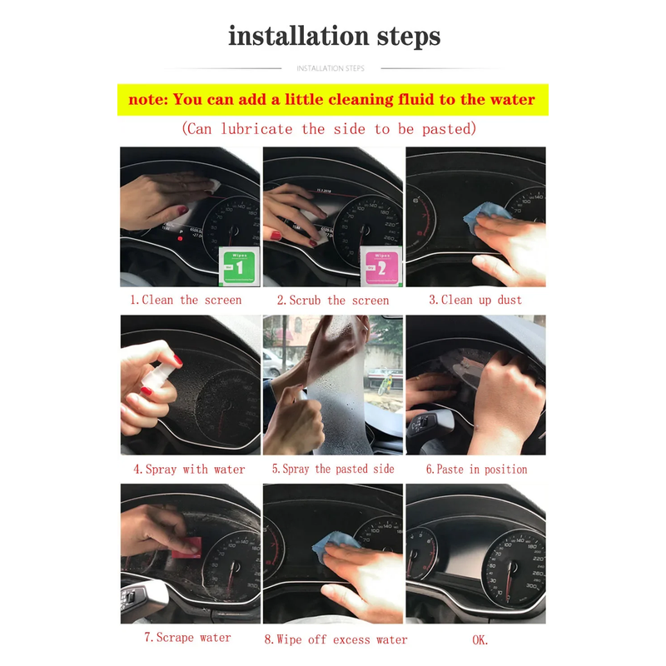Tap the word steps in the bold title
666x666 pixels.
click(409, 37)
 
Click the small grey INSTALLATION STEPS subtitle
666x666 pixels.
click(331, 68)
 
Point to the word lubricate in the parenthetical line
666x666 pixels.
click(256, 129)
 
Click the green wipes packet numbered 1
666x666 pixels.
click(239, 267)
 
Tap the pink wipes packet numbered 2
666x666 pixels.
click(381, 266)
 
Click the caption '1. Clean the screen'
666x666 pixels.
click(186, 300)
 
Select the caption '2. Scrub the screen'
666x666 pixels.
click(333, 301)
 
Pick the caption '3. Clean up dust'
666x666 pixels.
click(475, 300)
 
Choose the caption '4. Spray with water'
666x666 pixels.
click(189, 470)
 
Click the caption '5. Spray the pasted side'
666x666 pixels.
click(333, 469)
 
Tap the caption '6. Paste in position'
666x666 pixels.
click(476, 470)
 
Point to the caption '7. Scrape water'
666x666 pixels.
click(187, 638)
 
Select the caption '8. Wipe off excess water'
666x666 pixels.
click(335, 639)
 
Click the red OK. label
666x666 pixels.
click(480, 640)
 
